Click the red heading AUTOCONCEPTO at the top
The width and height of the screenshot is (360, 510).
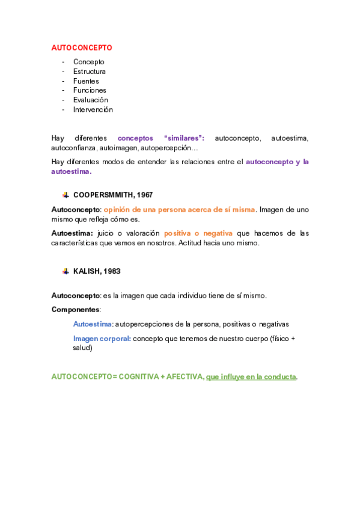[x=82, y=48]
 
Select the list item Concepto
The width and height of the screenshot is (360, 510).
[x=88, y=62]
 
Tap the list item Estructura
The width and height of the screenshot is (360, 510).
[x=90, y=72]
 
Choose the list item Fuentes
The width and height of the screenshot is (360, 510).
[x=86, y=81]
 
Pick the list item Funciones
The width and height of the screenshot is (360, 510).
[x=90, y=91]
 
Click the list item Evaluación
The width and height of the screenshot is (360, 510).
[x=91, y=100]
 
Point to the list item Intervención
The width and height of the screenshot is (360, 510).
[x=93, y=110]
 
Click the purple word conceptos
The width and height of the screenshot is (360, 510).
[x=135, y=138]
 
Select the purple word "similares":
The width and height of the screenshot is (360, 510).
[x=184, y=138]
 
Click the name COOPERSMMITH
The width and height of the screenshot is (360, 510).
[x=103, y=195]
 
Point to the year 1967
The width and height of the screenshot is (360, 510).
[x=144, y=195]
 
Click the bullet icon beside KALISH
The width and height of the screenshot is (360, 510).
[x=65, y=271]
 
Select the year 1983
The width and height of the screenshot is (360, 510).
[x=111, y=271]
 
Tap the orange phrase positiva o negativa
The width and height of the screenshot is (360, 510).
[x=198, y=233]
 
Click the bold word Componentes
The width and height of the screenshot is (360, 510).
[x=75, y=310]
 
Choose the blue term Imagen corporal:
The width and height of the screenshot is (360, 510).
[x=102, y=339]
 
